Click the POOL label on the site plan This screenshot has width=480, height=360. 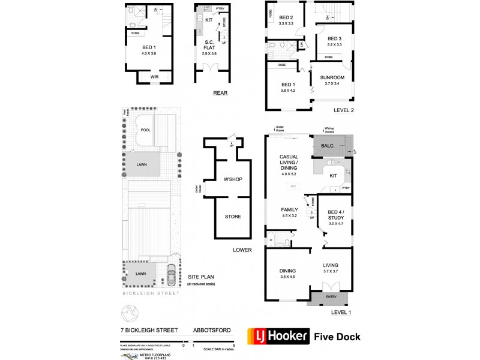point(146,130)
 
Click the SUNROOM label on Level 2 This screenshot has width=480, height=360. point(334,78)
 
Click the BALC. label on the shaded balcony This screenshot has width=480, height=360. point(328,145)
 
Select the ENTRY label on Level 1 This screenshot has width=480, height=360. point(331,296)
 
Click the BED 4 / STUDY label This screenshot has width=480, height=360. point(335,214)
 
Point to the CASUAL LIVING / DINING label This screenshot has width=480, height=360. point(289,164)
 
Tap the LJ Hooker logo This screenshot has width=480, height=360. point(279,336)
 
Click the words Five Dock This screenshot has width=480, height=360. point(338,337)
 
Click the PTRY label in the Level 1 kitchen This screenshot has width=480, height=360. point(346,188)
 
